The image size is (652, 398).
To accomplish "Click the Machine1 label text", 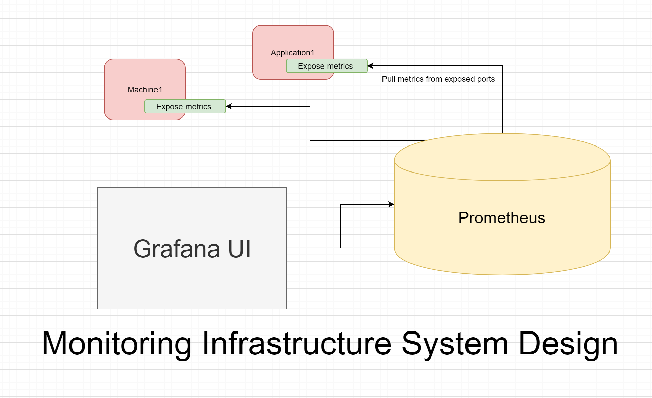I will (145, 90).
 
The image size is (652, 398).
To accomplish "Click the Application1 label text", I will (292, 53).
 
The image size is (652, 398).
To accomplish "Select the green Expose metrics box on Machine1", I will (185, 107).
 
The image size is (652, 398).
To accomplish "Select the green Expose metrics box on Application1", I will (327, 66).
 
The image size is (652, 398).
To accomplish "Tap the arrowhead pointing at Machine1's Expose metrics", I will (229, 106).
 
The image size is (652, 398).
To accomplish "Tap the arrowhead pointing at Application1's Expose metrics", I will (370, 66).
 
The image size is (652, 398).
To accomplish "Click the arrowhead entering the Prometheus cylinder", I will (391, 204).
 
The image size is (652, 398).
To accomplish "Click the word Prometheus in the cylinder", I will (502, 218).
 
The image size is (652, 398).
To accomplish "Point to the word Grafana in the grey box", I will (176, 249).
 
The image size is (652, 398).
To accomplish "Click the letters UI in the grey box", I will (239, 249).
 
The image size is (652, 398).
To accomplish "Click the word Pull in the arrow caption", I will (388, 79).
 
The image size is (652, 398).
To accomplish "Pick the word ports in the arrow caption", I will (486, 79).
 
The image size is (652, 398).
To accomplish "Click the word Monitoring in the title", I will (116, 344).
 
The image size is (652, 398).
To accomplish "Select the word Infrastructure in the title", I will (296, 344).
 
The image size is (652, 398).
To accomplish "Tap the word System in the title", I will (455, 344).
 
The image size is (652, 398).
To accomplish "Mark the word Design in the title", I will (568, 344).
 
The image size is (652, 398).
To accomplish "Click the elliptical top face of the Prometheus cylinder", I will (502, 157).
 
